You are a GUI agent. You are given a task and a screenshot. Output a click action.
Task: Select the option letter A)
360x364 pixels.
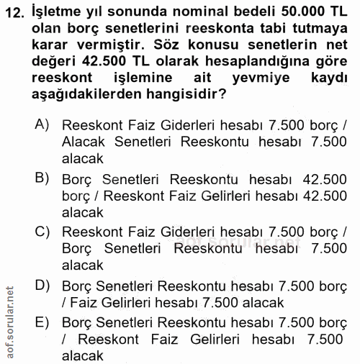(42, 124)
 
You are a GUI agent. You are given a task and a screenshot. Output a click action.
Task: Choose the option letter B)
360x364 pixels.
(42, 177)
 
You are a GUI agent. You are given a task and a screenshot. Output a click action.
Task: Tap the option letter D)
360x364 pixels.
(42, 284)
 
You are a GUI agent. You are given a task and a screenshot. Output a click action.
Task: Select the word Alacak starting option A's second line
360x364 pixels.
(84, 142)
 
